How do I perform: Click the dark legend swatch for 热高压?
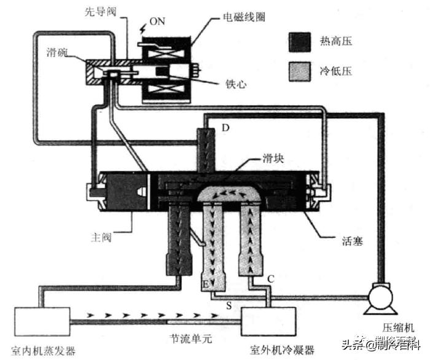(301, 42)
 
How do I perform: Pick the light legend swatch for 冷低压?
(301, 72)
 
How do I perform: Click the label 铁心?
(236, 83)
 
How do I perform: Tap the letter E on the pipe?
(206, 284)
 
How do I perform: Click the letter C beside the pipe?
(270, 278)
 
